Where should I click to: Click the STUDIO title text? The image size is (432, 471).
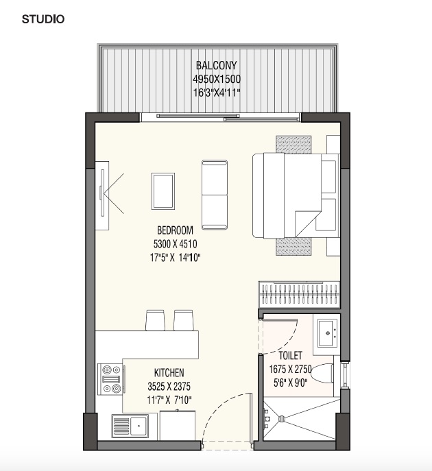[43, 19]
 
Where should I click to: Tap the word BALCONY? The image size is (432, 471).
[216, 65]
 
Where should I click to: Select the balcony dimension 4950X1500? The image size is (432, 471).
[216, 79]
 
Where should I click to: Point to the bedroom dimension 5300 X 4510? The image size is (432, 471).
[175, 244]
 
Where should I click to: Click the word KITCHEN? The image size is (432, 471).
[169, 373]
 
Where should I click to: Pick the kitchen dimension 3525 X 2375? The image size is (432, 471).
[169, 386]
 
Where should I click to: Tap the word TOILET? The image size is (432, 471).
[290, 356]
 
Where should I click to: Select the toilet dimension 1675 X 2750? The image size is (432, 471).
[290, 369]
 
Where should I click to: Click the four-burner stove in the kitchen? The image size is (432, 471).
[110, 379]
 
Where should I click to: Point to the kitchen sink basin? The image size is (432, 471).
[139, 426]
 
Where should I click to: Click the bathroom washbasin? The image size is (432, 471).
[328, 333]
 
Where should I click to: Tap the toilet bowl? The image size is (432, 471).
[322, 374]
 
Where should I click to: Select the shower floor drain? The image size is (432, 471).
[282, 419]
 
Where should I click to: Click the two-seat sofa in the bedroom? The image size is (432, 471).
[215, 195]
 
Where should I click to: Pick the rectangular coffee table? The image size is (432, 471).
[163, 191]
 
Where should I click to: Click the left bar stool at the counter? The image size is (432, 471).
[155, 320]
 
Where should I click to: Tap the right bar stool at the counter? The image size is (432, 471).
[183, 320]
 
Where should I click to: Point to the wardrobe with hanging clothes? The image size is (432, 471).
[299, 295]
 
